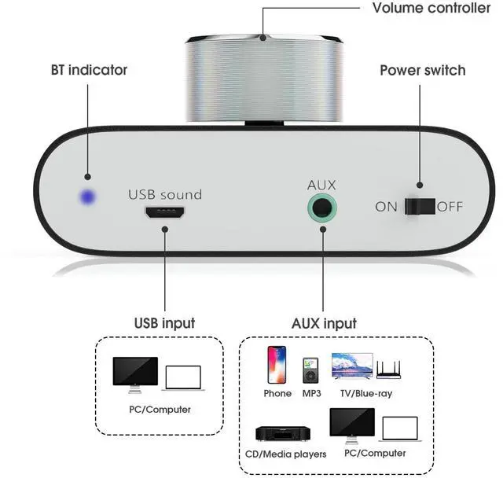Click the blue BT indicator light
pos(86,198)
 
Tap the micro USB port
pos(165,212)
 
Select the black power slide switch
pos(420,207)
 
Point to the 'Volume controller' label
pos(431,9)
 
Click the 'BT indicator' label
pos(89,70)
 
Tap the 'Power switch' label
pos(422,70)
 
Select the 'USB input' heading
pos(164,323)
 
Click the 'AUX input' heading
pos(323,323)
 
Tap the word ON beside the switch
pos(387,208)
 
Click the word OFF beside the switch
pos(450,208)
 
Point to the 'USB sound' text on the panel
pos(165,194)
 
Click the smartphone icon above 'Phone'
pos(277,366)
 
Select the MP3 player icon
pos(310,370)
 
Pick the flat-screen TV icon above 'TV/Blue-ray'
pos(353,367)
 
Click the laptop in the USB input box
pos(182,377)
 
